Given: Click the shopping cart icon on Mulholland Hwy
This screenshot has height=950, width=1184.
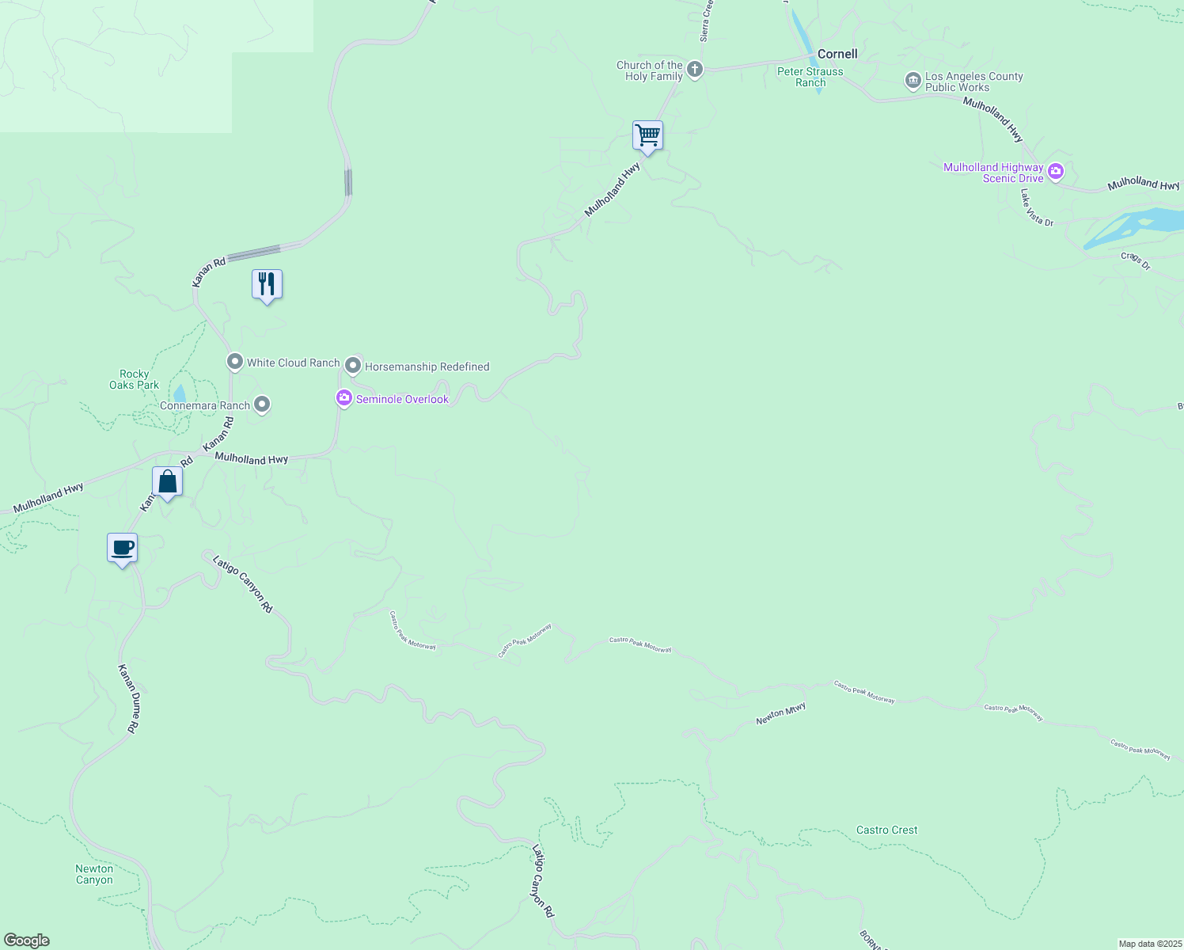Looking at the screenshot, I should [647, 135].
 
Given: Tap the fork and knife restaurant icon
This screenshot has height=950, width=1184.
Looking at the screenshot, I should [267, 284].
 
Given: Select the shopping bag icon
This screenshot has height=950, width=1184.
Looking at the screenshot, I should [167, 481].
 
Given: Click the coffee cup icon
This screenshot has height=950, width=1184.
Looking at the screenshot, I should [122, 548].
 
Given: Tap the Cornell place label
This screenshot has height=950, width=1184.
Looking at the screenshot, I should [837, 54].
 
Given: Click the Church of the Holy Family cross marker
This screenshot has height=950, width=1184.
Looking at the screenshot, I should [695, 70].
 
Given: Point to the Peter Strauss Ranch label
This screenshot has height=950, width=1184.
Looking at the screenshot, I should [810, 77].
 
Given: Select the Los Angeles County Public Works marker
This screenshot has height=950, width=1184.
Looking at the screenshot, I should [913, 81].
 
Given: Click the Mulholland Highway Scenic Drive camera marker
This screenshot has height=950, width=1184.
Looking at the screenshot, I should [1056, 171].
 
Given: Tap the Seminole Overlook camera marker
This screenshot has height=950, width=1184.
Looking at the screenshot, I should [344, 398].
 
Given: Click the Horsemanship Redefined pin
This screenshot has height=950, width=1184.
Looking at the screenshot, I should [353, 366].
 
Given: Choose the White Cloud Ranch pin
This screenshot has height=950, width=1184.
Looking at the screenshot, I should [235, 363].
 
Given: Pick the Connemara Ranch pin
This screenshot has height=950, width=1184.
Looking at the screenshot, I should [262, 405].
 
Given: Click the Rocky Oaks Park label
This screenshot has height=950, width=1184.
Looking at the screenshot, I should [135, 379].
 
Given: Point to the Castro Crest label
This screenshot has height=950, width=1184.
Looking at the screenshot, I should [886, 830].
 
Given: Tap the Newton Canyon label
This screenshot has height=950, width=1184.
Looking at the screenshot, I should [94, 874].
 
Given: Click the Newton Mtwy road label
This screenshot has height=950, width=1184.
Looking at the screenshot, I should [780, 714].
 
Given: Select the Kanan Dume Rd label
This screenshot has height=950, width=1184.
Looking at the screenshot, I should [130, 698].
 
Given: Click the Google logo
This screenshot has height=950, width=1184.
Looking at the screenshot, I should [27, 940].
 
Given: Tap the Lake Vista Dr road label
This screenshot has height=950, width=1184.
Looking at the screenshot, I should [1037, 208].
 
